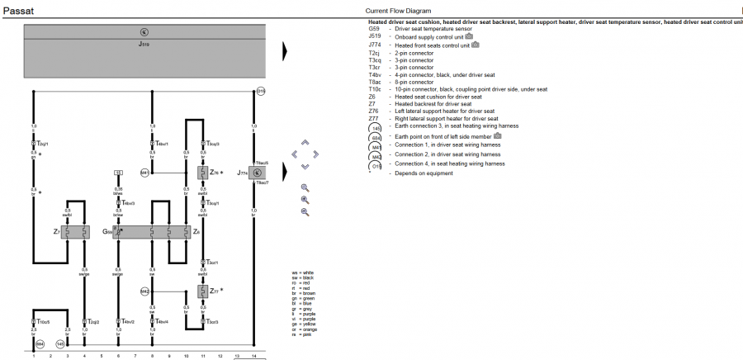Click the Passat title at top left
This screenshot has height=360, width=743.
pos(18,12)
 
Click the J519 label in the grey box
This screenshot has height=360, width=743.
pos(144,43)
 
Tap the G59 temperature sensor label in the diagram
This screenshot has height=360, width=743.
pos(106,232)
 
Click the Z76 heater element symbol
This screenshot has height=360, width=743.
pos(202,173)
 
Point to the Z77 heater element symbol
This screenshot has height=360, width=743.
pos(202,291)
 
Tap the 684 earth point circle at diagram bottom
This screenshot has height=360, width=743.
pos(39,343)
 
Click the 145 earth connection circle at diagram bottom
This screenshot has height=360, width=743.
pos(60,343)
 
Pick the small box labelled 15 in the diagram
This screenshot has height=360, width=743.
pos(118,173)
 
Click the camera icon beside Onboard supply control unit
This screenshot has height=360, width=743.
pos(469,36)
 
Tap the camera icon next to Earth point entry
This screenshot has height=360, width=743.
pos(498,135)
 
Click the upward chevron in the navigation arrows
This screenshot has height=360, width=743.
pos(305,142)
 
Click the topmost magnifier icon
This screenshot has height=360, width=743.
pos(305,187)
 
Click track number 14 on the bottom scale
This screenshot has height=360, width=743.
pos(254,355)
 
